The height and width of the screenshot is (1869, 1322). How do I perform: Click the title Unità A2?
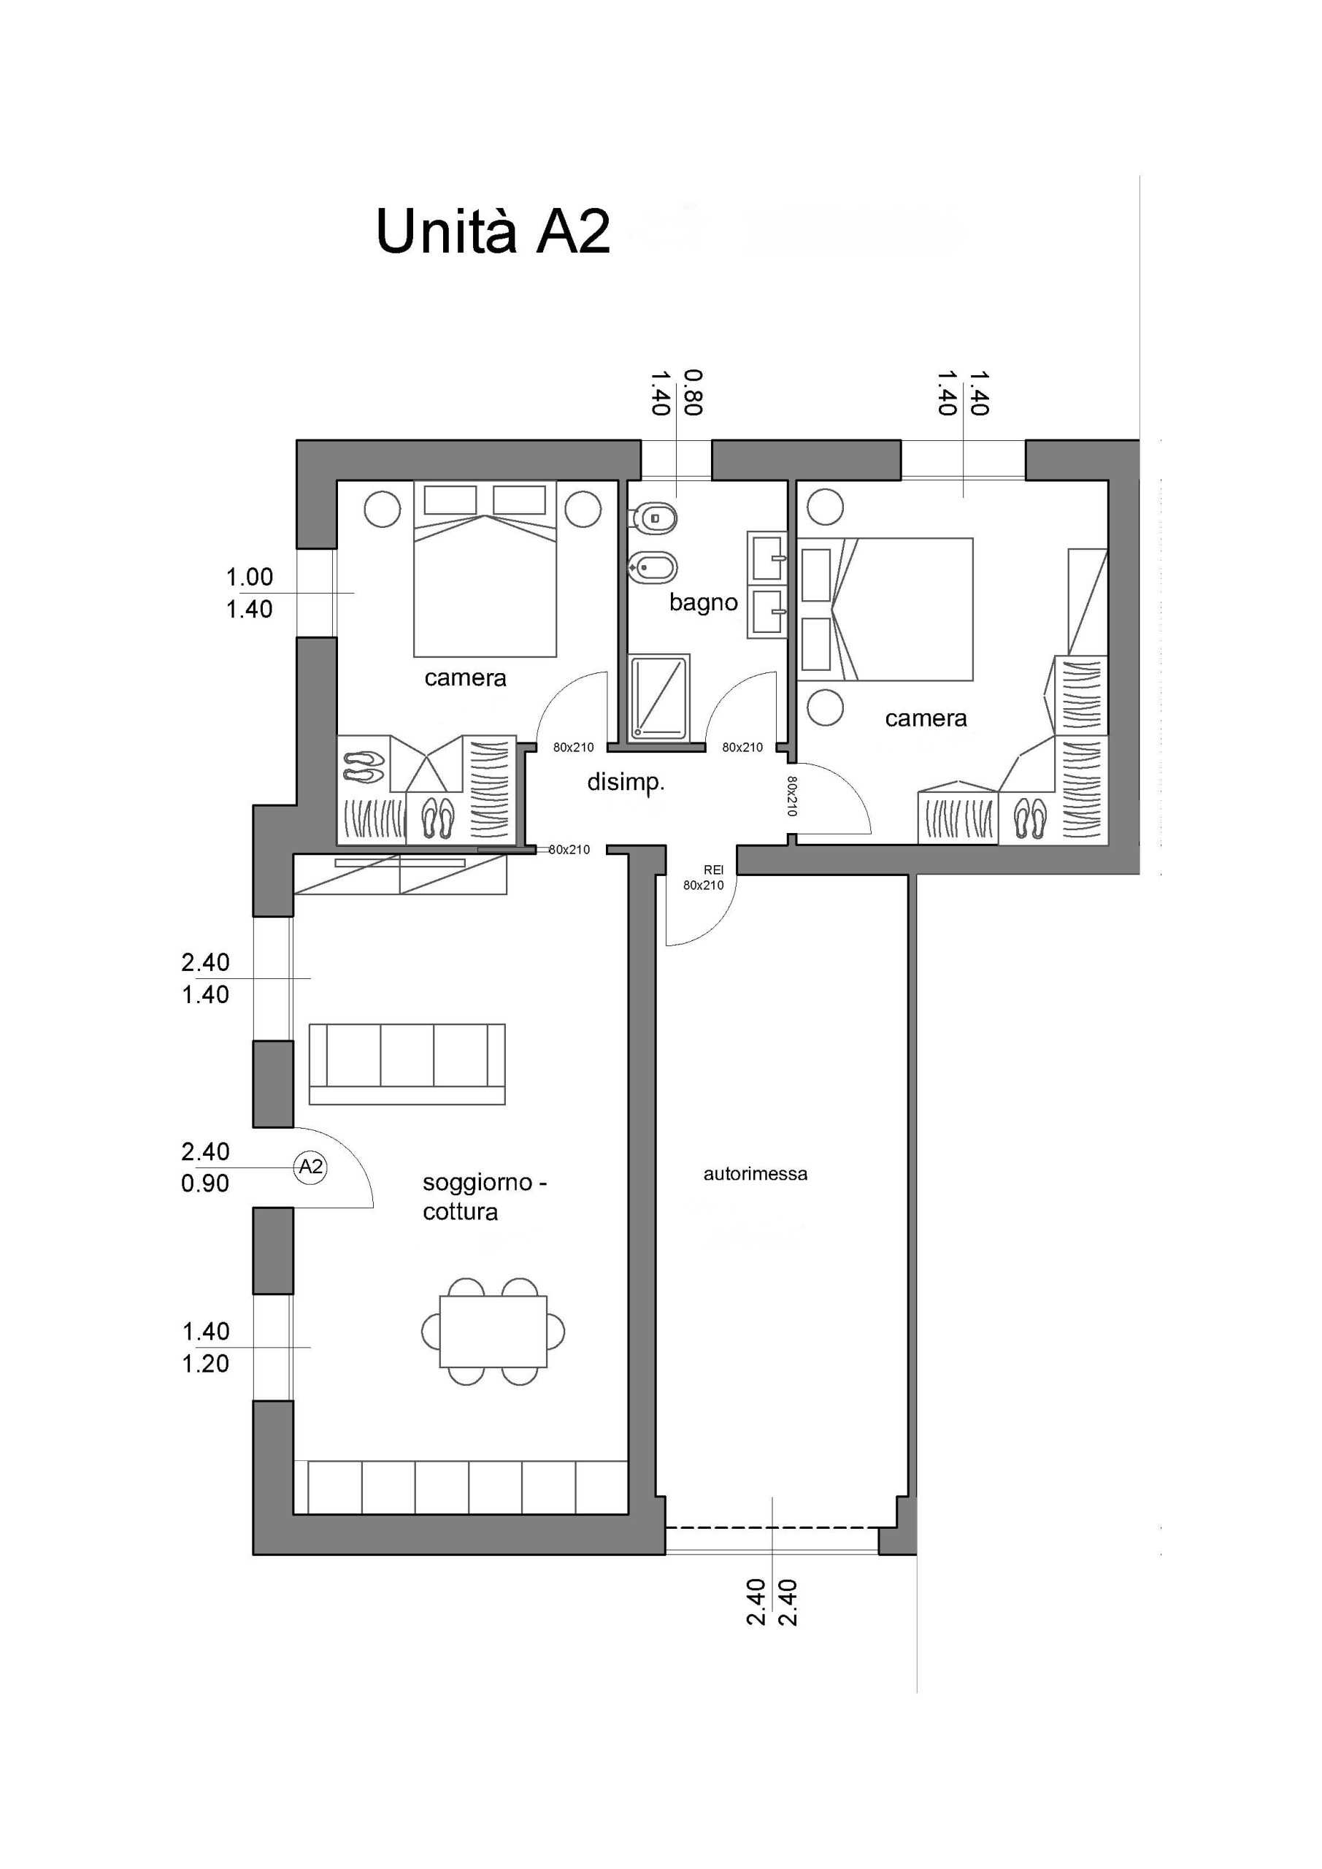pyautogui.click(x=493, y=232)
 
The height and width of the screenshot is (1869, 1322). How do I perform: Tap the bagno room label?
pyautogui.click(x=703, y=603)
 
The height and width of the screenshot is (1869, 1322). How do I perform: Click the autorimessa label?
pyautogui.click(x=756, y=1174)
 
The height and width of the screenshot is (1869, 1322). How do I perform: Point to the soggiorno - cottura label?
pyautogui.click(x=483, y=1197)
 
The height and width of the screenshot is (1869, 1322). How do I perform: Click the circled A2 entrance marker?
pyautogui.click(x=311, y=1167)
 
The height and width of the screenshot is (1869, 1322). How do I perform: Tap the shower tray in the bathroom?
pyautogui.click(x=659, y=699)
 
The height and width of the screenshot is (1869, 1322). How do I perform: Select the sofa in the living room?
pyautogui.click(x=407, y=1064)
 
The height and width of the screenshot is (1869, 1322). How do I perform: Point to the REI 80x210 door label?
pyautogui.click(x=703, y=878)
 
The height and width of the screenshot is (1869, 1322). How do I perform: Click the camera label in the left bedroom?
pyautogui.click(x=465, y=678)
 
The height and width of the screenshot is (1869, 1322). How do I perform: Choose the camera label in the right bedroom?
pyautogui.click(x=926, y=719)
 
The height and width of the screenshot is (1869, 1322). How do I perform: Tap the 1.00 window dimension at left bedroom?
pyautogui.click(x=249, y=577)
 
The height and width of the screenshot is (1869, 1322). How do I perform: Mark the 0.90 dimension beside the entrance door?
pyautogui.click(x=205, y=1183)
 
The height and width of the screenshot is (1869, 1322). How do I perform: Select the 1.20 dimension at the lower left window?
pyautogui.click(x=205, y=1364)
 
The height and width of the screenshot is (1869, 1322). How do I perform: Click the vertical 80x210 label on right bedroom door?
pyautogui.click(x=792, y=795)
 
